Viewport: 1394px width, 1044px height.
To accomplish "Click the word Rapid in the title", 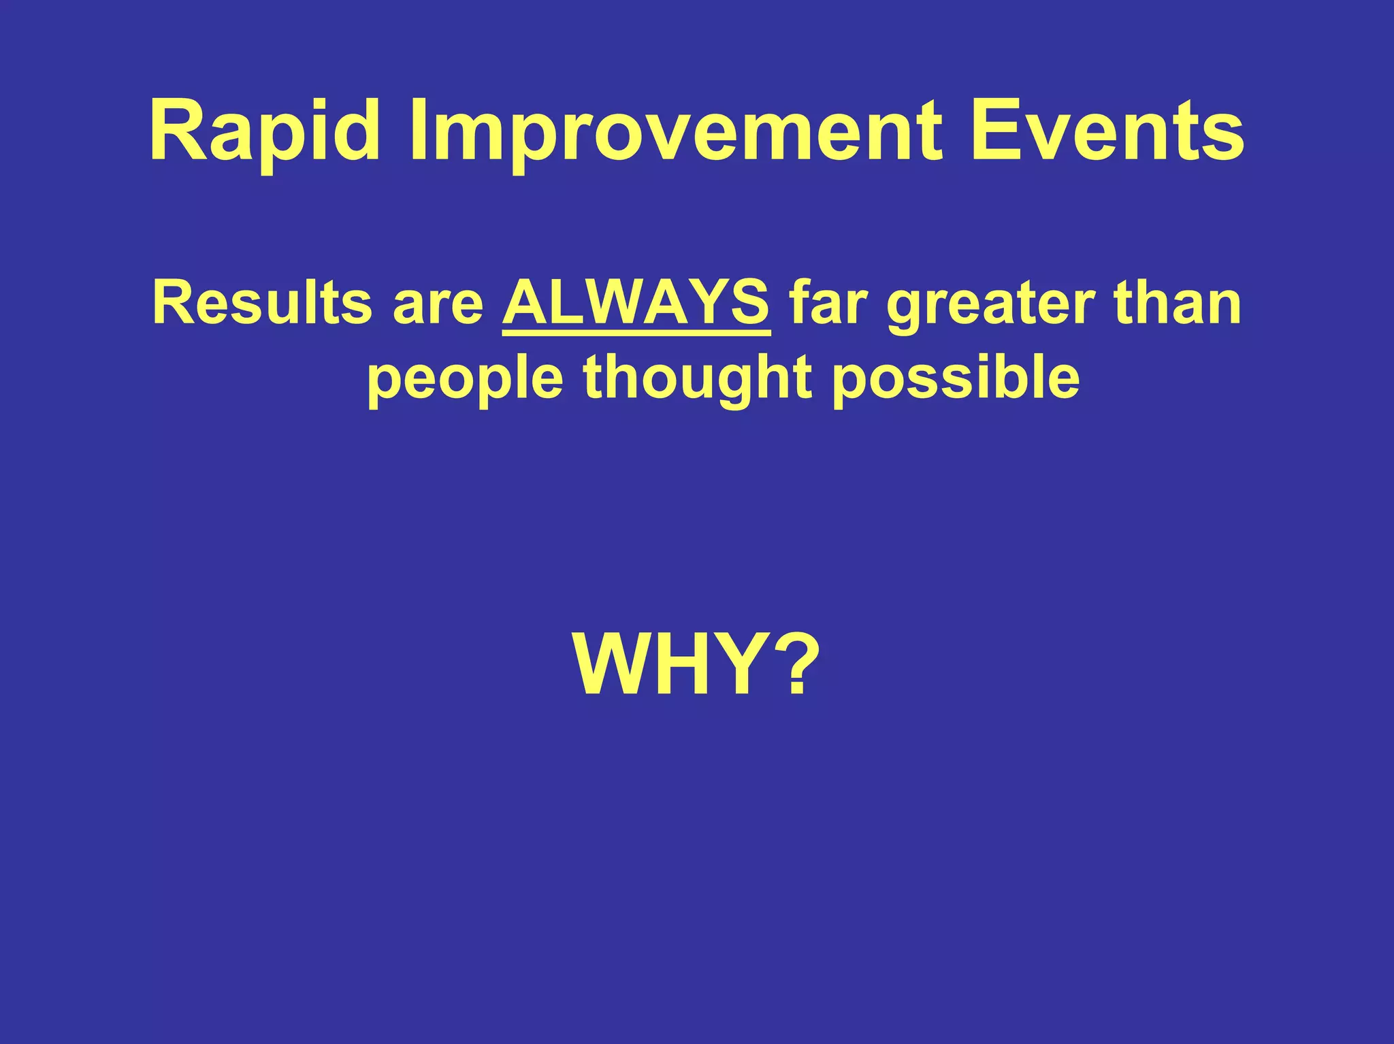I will click(264, 131).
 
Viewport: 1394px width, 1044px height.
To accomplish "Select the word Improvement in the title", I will click(675, 131).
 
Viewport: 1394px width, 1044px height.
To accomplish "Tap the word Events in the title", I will click(1108, 131).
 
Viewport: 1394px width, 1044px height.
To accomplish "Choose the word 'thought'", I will click(698, 378).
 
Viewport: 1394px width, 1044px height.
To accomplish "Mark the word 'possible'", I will click(956, 378).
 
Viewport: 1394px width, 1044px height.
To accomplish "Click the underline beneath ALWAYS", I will click(636, 333).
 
